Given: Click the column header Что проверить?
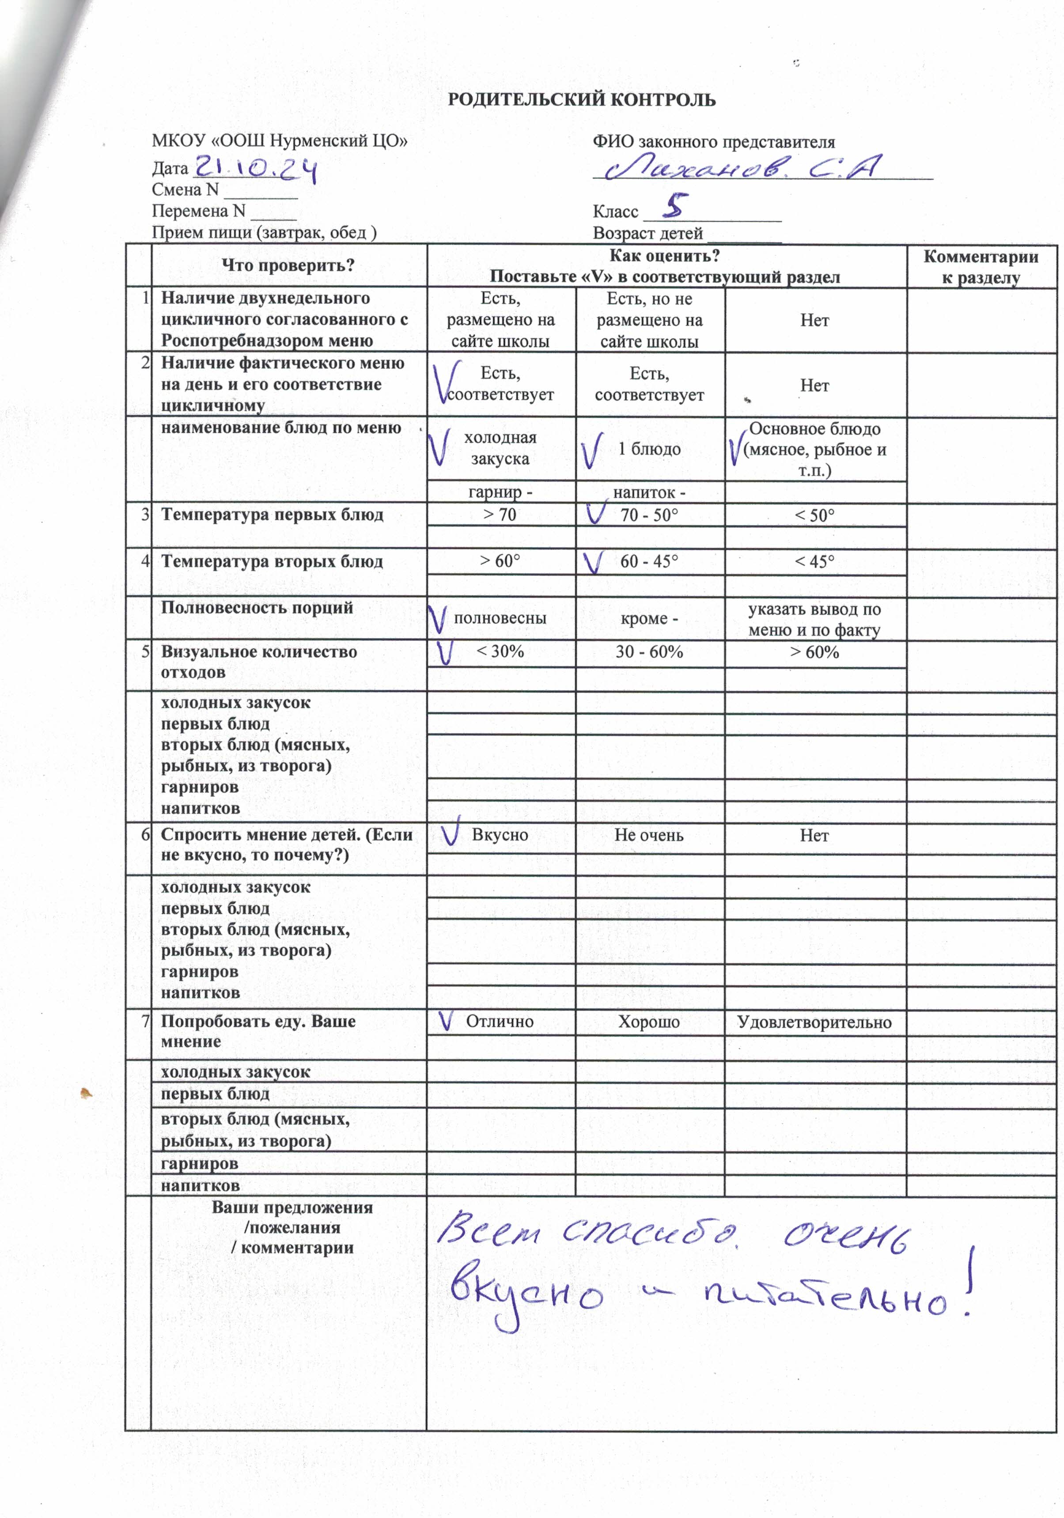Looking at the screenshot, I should (288, 266).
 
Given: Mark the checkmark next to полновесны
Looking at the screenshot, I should (438, 619).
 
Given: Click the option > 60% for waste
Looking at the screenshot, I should (814, 652).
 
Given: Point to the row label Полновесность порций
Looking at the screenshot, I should (257, 608).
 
